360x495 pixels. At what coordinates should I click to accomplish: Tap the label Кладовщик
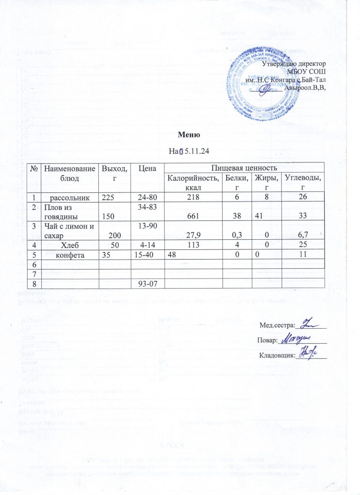pyautogui.click(x=277, y=356)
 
